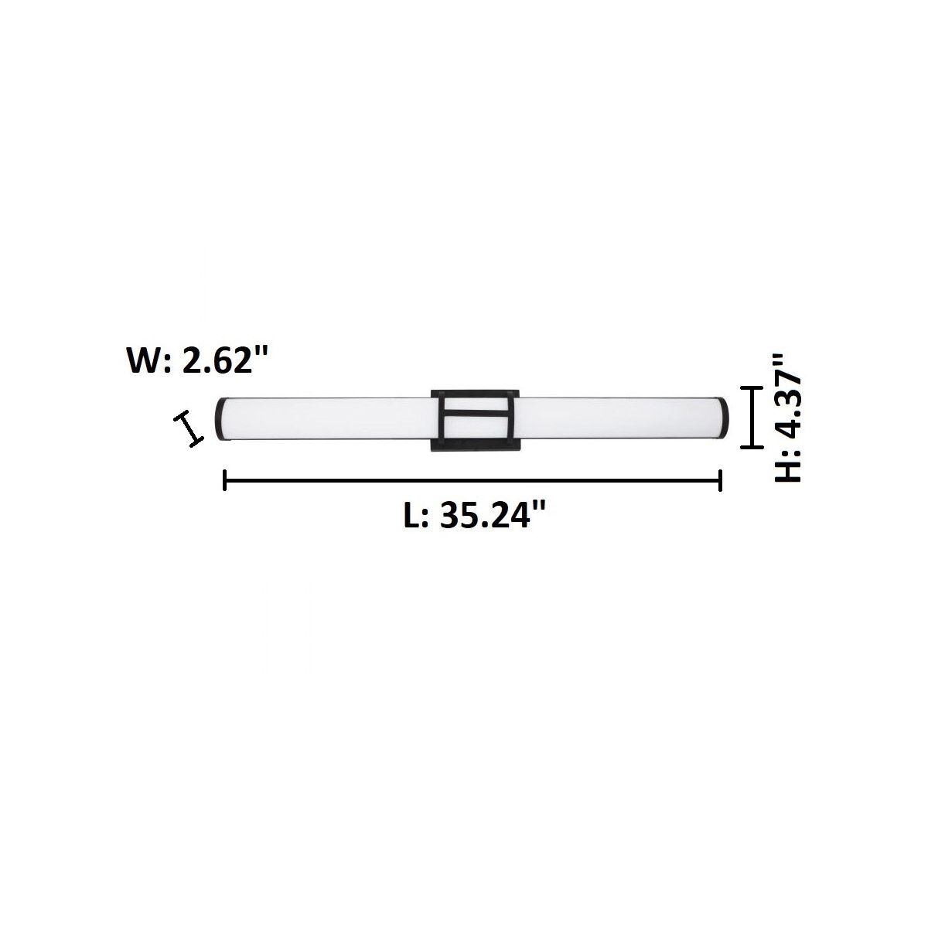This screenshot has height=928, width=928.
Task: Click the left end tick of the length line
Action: (224, 481)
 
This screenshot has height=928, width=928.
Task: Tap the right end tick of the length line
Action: (720, 481)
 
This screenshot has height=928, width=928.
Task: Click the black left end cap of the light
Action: (220, 418)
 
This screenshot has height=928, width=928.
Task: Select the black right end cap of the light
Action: (725, 418)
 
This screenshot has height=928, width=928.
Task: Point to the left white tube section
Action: (325, 418)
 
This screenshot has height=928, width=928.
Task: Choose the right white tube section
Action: (619, 418)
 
